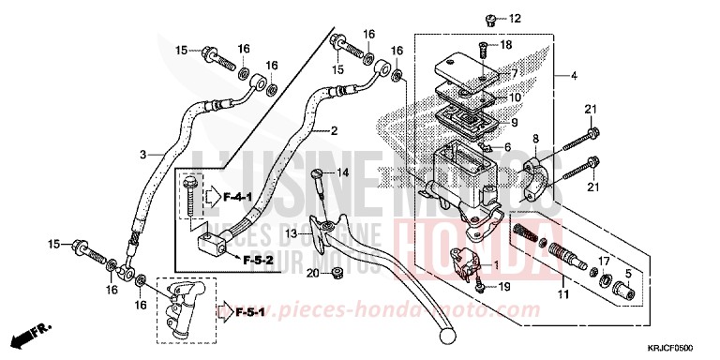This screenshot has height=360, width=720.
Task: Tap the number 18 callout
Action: point(506,45)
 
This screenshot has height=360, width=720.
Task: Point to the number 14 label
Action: point(343,172)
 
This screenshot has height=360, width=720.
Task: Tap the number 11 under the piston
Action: point(564,296)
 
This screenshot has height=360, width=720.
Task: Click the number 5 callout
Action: point(628,275)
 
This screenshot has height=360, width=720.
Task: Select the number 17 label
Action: point(606,261)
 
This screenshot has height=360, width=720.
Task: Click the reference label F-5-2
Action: point(254,260)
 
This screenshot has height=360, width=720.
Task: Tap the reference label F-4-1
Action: point(225,197)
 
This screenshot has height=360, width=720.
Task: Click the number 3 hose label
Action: point(143,154)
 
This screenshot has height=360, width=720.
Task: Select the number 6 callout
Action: point(507,147)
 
